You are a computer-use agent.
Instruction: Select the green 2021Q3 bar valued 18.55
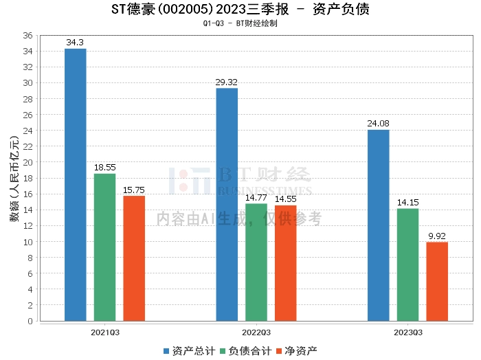point(104,247)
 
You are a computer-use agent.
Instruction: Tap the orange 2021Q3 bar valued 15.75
point(134,258)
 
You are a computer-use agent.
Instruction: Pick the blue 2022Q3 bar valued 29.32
point(227,204)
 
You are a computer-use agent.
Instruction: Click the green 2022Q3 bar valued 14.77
point(256,262)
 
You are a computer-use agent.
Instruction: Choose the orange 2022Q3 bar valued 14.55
point(286,263)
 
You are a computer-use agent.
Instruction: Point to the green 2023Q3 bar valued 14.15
point(408,265)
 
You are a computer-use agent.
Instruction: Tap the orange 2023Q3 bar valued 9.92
point(437,281)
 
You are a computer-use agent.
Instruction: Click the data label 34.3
point(75,43)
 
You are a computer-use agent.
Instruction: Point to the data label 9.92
point(437,236)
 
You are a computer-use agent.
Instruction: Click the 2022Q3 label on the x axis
point(256,331)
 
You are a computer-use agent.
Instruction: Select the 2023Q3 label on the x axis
point(408,331)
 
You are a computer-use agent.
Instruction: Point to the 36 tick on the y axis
point(28,35)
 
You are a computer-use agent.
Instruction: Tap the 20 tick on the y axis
point(28,162)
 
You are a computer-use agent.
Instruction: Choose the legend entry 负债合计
point(247,351)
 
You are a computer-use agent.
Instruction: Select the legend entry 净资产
point(296,351)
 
